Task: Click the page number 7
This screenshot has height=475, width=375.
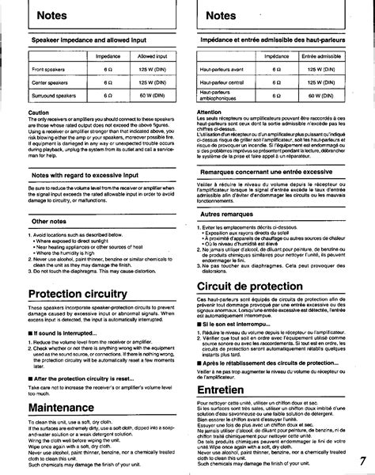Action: click(362, 462)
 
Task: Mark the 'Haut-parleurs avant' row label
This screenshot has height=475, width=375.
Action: click(224, 70)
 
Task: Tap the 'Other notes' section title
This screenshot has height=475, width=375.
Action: click(48, 221)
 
